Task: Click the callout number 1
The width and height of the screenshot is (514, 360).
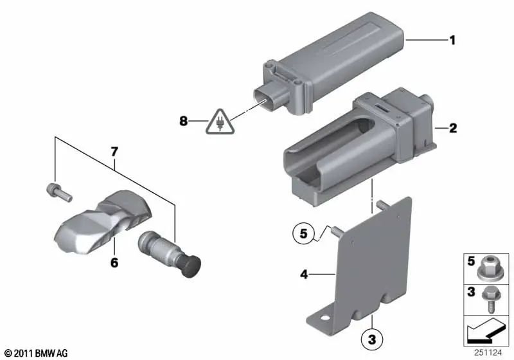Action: pos(452,40)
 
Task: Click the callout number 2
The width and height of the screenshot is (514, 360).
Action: pos(452,129)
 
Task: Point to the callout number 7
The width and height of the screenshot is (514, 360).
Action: pos(115,152)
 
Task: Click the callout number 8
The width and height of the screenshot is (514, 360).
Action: pos(184,120)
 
